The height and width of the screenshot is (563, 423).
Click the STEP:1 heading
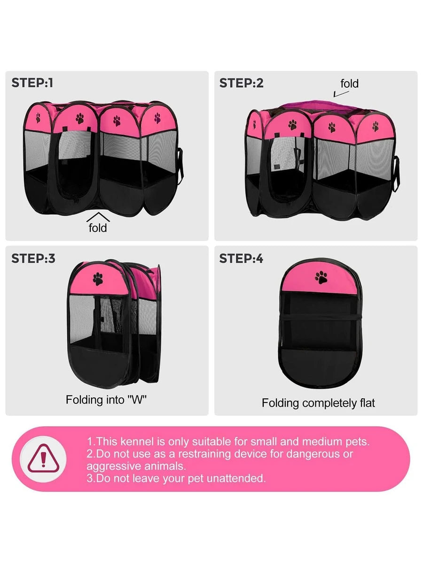(32, 83)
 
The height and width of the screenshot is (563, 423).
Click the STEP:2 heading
(241, 83)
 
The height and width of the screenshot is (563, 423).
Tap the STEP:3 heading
(33, 259)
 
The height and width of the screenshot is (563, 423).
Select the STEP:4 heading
(241, 259)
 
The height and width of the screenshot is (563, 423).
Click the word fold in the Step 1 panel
(98, 228)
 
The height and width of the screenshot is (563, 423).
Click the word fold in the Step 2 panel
(349, 84)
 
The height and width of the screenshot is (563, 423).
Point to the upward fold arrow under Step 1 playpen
(98, 217)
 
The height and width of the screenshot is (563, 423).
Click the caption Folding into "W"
(106, 400)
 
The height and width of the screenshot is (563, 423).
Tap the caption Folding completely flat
(318, 403)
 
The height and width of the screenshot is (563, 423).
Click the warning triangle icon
(43, 459)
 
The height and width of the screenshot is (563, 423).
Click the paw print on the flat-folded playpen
(321, 278)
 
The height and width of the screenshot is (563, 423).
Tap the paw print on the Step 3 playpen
(98, 279)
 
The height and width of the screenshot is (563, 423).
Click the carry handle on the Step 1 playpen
(181, 166)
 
